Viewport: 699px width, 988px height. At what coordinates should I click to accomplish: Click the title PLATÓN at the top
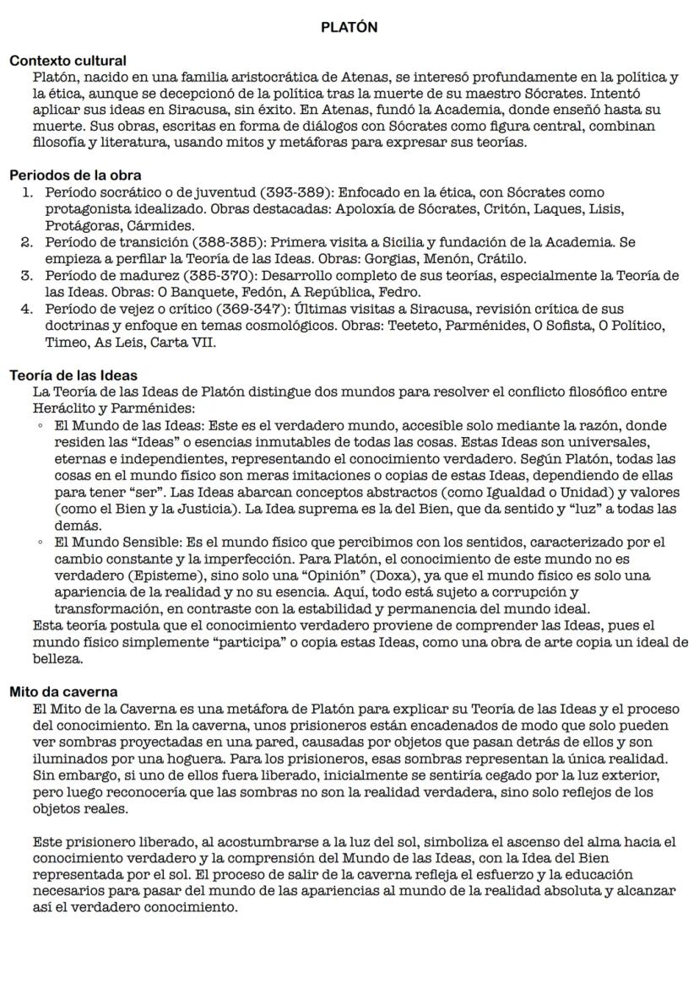pyautogui.click(x=349, y=27)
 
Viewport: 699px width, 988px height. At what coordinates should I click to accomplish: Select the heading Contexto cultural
pyautogui.click(x=68, y=61)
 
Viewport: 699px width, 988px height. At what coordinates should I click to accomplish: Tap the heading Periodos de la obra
pyautogui.click(x=69, y=176)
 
